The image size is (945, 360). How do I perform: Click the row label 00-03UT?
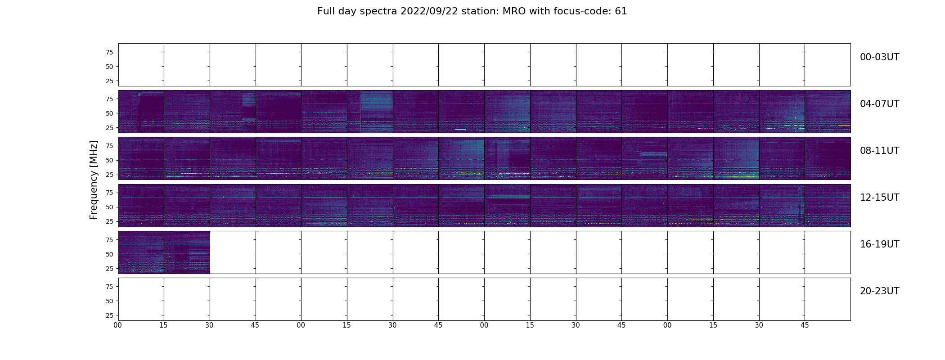(879, 57)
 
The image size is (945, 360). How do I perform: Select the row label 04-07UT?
(879, 104)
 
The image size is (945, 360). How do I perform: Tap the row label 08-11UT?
(879, 151)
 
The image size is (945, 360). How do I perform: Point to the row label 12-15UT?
(879, 198)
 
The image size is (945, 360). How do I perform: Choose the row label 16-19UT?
(879, 244)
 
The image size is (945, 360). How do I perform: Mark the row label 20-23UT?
(879, 291)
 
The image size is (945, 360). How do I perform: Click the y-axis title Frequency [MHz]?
(94, 180)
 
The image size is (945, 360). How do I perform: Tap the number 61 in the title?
(621, 11)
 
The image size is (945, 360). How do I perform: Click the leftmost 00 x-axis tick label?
(118, 325)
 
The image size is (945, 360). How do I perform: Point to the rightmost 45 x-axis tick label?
(805, 325)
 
